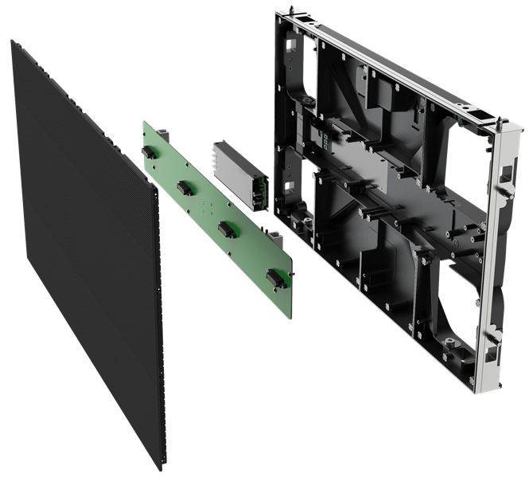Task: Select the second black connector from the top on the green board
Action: (x=185, y=187)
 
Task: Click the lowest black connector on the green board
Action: (x=275, y=278)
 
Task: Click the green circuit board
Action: (x=215, y=203)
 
